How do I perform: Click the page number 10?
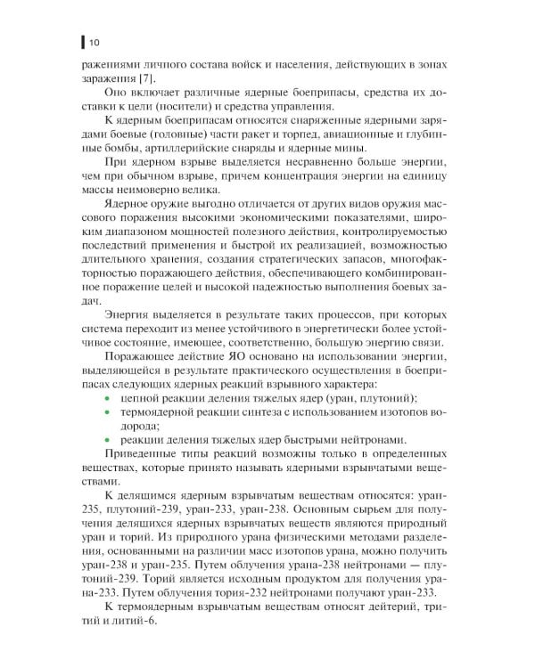[x=94, y=40]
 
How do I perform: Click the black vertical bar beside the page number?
[x=82, y=40]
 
